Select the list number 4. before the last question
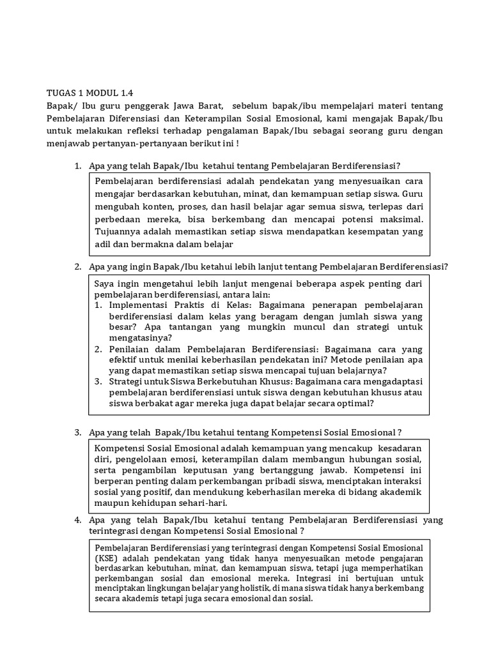77,520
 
